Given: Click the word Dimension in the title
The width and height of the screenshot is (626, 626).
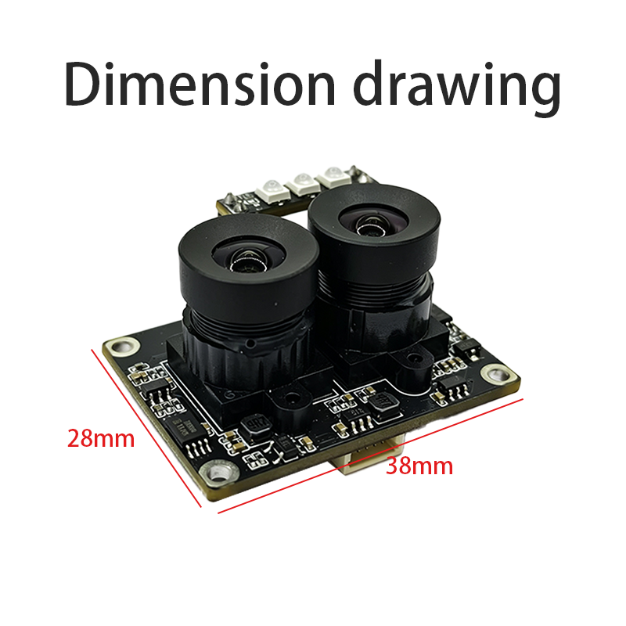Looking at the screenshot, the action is tap(200, 85).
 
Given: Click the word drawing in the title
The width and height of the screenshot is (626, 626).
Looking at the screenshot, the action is tap(457, 88).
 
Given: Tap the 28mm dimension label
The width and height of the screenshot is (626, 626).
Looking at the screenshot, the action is tap(101, 439).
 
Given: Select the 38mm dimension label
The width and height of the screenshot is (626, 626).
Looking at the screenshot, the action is tap(419, 466).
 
